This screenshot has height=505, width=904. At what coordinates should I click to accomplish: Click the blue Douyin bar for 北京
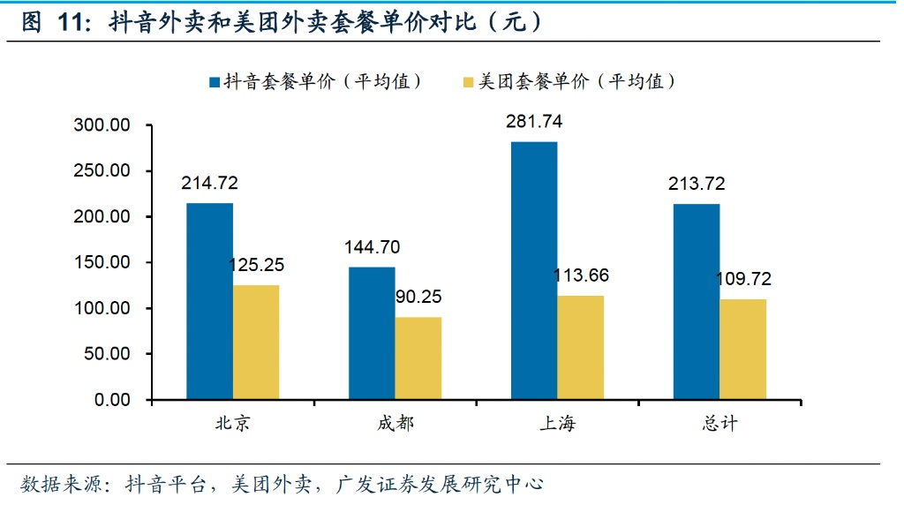click(x=209, y=301)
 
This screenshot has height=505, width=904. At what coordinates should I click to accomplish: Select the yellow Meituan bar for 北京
click(x=255, y=343)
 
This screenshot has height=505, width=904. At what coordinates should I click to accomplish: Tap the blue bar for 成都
click(x=372, y=333)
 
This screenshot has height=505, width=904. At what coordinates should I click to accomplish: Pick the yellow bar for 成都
click(x=418, y=358)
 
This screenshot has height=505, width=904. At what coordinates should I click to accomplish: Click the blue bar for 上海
click(x=534, y=270)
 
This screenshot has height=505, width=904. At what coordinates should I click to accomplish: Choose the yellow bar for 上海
click(x=580, y=348)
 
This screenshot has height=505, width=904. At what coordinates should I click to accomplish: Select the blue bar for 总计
click(x=697, y=302)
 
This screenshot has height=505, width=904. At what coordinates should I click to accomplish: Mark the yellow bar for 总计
click(x=742, y=350)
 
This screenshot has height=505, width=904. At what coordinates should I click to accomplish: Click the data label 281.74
click(x=534, y=122)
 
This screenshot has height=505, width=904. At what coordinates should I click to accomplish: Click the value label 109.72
click(x=742, y=279)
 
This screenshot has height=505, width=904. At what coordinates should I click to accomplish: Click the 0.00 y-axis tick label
click(x=112, y=401)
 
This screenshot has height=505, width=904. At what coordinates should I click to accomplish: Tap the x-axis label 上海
click(x=557, y=424)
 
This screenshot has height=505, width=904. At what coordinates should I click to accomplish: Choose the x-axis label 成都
click(x=395, y=424)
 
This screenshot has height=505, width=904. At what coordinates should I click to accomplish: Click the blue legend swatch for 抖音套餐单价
click(x=214, y=83)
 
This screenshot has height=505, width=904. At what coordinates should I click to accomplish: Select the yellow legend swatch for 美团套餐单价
click(x=467, y=83)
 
